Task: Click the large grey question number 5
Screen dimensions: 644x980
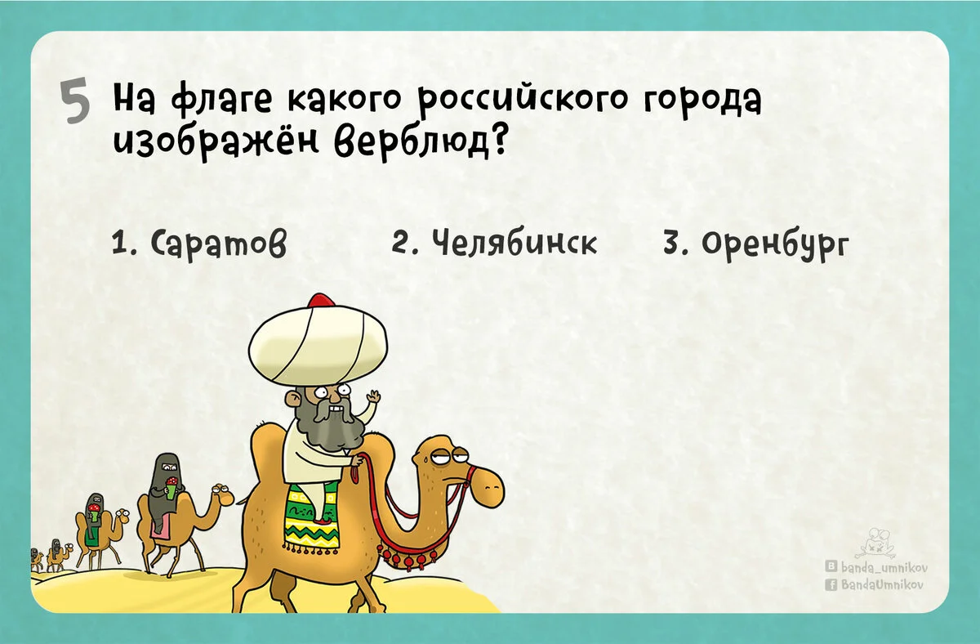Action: (75, 104)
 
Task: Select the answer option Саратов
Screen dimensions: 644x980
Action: (199, 244)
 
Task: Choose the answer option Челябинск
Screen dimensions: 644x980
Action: (494, 242)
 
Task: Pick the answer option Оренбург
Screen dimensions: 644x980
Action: (755, 244)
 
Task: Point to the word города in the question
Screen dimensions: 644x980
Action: (703, 103)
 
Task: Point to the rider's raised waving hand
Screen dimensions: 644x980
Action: (374, 401)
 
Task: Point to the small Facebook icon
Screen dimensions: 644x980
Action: (831, 584)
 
